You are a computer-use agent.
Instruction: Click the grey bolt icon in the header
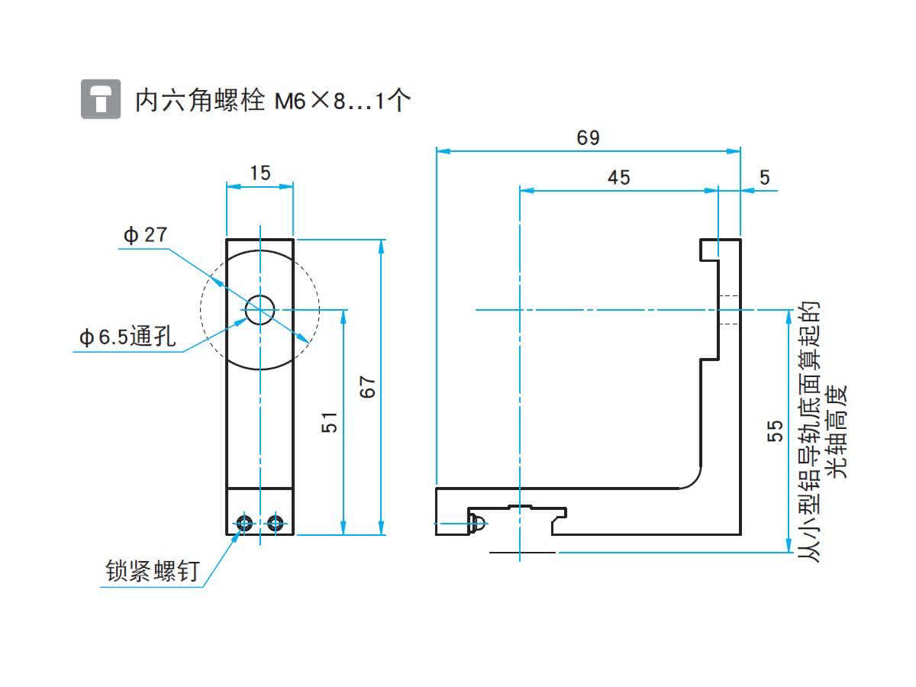(x=101, y=99)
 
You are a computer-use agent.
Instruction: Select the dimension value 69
(x=588, y=137)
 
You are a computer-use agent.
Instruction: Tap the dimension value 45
(x=618, y=178)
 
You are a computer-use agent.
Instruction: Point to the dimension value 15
(x=260, y=173)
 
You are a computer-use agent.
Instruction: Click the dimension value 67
(x=367, y=387)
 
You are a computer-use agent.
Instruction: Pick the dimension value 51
(x=330, y=422)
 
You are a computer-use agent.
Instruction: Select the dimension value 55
(x=775, y=431)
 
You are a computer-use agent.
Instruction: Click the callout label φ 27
(x=145, y=235)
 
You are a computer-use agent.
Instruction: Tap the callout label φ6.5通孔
(x=127, y=336)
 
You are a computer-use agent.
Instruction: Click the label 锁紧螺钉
(x=153, y=571)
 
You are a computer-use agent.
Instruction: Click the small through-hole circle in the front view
(x=260, y=310)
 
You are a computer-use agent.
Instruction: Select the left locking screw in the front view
(x=244, y=523)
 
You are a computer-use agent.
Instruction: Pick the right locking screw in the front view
(x=276, y=523)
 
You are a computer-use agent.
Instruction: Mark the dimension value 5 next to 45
(x=765, y=178)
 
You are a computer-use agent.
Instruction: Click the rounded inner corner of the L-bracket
(x=694, y=480)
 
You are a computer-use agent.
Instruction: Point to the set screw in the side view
(x=477, y=523)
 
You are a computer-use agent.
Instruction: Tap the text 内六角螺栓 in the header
(x=199, y=101)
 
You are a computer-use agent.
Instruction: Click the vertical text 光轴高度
(x=837, y=431)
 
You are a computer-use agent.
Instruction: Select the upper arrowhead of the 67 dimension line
(x=381, y=247)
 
